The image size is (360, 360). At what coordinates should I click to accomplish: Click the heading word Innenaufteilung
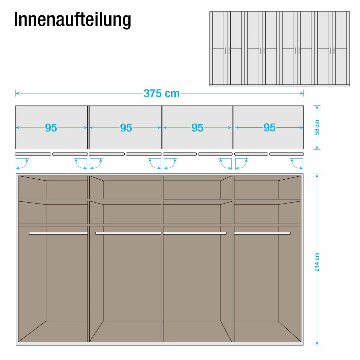point(72,20)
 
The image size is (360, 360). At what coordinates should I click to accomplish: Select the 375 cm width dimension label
point(162,94)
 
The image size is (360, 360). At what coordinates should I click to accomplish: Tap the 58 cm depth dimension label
point(316,127)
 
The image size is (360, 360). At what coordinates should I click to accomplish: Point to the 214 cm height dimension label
point(316,261)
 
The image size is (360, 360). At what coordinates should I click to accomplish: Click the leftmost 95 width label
point(51,128)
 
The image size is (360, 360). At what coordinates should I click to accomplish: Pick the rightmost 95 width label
point(270,128)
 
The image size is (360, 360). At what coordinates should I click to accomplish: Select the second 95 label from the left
point(126,128)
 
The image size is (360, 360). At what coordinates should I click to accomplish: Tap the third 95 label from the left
point(197,128)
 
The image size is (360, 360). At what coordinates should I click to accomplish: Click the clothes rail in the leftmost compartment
point(58,233)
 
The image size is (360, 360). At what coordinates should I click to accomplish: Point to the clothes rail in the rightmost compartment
point(262,233)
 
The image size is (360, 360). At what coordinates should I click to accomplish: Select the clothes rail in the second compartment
point(128,233)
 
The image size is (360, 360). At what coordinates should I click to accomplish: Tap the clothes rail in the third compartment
point(195,233)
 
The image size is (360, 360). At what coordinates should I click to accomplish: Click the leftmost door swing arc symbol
point(22,164)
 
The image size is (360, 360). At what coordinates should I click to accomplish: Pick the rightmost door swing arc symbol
point(297,164)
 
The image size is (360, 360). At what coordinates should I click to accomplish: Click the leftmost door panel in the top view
point(33,154)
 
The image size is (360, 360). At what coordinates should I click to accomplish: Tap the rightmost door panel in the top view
point(287,154)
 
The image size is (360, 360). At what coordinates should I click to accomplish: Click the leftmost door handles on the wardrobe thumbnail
point(227,50)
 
